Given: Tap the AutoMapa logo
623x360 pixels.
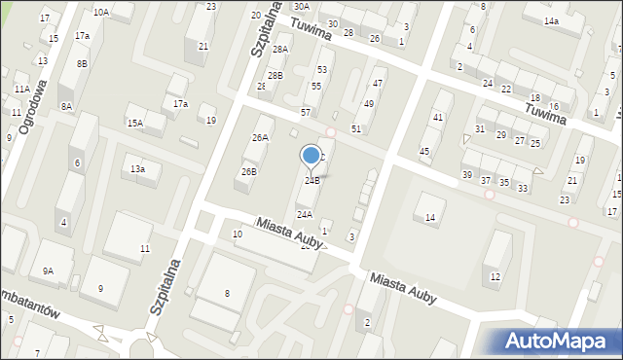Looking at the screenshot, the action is (x=558, y=341).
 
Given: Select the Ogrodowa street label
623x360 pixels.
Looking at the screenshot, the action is (x=37, y=106).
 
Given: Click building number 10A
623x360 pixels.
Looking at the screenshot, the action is (x=100, y=13).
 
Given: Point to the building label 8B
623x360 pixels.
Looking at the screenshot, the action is (x=83, y=63).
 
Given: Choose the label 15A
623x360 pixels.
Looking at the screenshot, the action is (x=134, y=124).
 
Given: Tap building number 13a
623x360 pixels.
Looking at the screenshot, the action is (x=138, y=169).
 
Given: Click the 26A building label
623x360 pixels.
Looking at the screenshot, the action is (x=260, y=138).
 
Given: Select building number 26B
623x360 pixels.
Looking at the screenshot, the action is (x=249, y=172).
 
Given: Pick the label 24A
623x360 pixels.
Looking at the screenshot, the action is (x=305, y=214).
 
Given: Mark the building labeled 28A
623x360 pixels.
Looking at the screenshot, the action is (x=280, y=49).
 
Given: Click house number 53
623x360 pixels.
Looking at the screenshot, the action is (x=322, y=70).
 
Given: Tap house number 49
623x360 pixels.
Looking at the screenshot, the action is (x=369, y=104).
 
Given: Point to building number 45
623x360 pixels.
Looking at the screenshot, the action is (x=424, y=151).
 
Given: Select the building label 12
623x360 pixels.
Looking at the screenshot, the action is (x=495, y=277).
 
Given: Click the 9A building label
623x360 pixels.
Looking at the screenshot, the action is (x=48, y=271).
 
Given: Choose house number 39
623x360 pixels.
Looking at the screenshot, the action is (x=467, y=175).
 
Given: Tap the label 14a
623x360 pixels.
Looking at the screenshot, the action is (x=552, y=21).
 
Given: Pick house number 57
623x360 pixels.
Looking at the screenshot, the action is (x=306, y=113).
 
